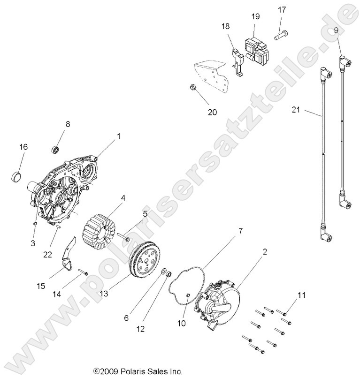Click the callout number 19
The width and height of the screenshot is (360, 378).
coord(255,16)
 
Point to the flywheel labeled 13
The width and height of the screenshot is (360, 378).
coord(144,261)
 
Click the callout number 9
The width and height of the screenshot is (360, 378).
coord(336,30)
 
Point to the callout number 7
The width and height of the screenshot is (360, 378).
coord(240,231)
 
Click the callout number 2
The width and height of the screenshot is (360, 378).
coord(265,252)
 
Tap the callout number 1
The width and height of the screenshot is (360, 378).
coord(118,137)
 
